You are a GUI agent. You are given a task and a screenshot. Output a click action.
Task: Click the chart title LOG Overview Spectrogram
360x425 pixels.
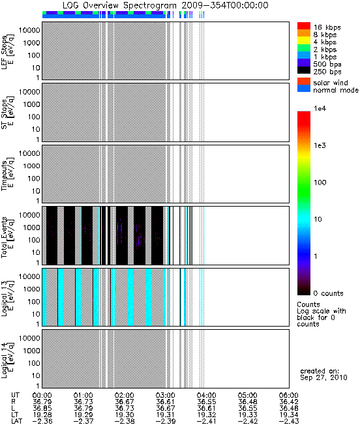tap(119, 5)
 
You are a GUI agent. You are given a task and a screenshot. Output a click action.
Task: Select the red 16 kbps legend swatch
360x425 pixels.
tap(304, 26)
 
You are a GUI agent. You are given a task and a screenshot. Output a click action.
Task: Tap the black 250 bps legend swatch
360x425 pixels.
tap(304, 70)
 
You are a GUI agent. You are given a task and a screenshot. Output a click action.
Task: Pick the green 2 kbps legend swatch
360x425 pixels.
tap(304, 48)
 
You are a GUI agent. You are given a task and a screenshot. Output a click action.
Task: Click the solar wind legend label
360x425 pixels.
tap(331, 83)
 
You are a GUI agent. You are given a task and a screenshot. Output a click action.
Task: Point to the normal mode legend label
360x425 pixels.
tap(336, 90)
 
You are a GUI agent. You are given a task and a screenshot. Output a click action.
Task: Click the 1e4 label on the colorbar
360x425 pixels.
tap(320, 109)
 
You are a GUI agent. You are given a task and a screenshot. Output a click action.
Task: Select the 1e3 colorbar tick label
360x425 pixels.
tap(320, 145)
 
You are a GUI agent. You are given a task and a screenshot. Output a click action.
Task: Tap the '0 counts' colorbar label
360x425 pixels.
tap(328, 293)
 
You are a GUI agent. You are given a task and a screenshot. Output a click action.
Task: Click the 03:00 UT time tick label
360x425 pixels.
tap(165, 396)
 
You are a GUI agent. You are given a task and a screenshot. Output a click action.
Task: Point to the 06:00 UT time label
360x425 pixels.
tap(289, 396)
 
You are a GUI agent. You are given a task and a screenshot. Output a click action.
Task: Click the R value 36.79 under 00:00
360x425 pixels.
tap(42, 402)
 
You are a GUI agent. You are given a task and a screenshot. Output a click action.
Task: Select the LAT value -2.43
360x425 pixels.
tap(289, 422)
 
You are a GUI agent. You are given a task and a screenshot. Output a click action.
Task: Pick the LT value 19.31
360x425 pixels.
tap(165, 415)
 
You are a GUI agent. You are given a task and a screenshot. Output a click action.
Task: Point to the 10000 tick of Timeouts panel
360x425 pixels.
tap(29, 153)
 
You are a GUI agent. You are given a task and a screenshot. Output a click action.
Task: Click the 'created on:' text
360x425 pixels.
tap(320, 371)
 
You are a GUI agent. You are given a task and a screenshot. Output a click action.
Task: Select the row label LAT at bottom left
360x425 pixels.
tap(17, 422)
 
